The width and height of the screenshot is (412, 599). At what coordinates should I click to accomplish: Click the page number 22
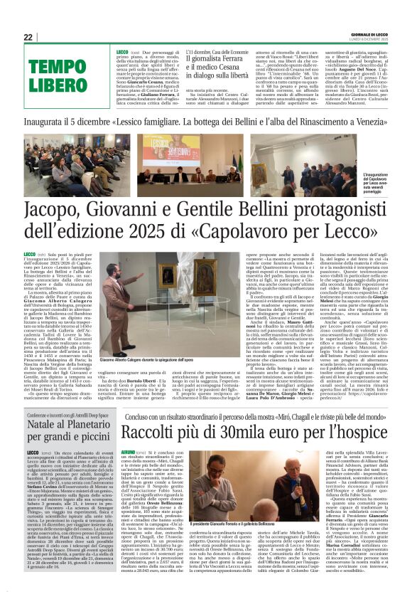pyautogui.click(x=28, y=37)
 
